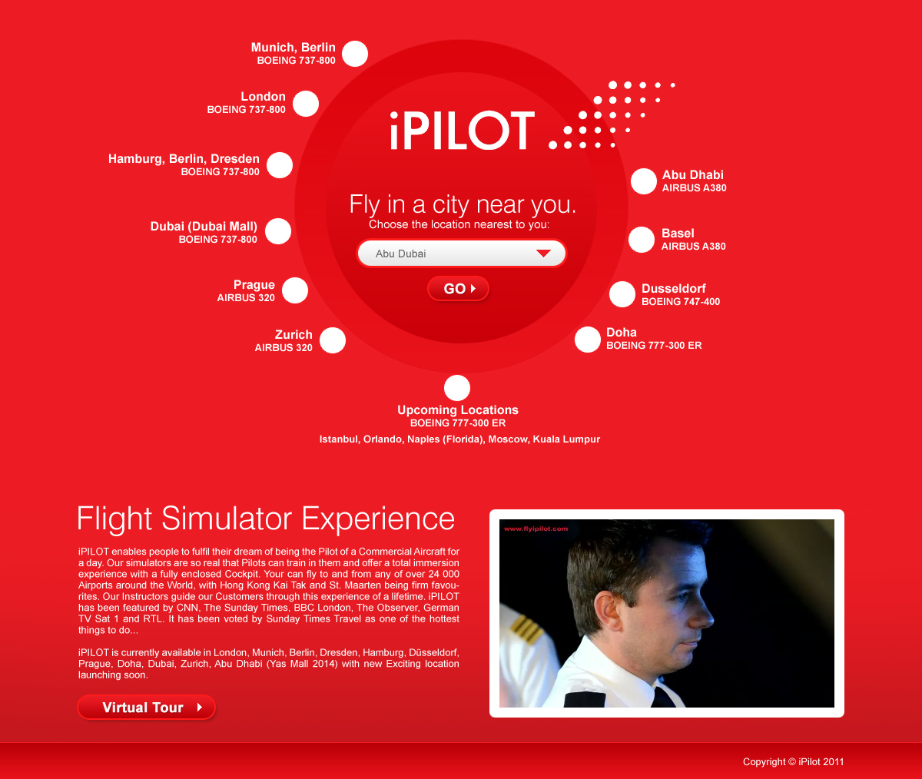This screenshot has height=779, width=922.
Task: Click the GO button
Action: [458, 288]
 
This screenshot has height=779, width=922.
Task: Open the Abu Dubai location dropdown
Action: [461, 253]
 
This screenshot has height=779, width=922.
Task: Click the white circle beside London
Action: [306, 104]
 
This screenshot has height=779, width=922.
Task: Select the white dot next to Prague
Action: [295, 290]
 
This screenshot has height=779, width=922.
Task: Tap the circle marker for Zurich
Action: [333, 340]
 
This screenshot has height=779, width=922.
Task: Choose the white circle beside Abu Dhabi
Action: [643, 181]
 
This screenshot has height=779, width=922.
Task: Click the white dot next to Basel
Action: [641, 240]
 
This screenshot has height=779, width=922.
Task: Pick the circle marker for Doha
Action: [587, 340]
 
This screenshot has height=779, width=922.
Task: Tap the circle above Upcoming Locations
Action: [457, 388]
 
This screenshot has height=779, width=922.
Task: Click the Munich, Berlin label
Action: [294, 48]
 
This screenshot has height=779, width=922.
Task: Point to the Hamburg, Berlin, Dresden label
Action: [184, 158]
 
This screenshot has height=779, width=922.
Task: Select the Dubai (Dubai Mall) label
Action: [204, 226]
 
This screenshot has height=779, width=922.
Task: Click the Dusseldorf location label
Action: [673, 288]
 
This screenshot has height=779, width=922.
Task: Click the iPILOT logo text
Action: [463, 131]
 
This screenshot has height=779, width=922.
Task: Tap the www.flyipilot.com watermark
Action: [536, 529]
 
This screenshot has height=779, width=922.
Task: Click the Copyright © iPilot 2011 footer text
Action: [793, 762]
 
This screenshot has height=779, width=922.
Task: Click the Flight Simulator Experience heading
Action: [266, 519]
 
